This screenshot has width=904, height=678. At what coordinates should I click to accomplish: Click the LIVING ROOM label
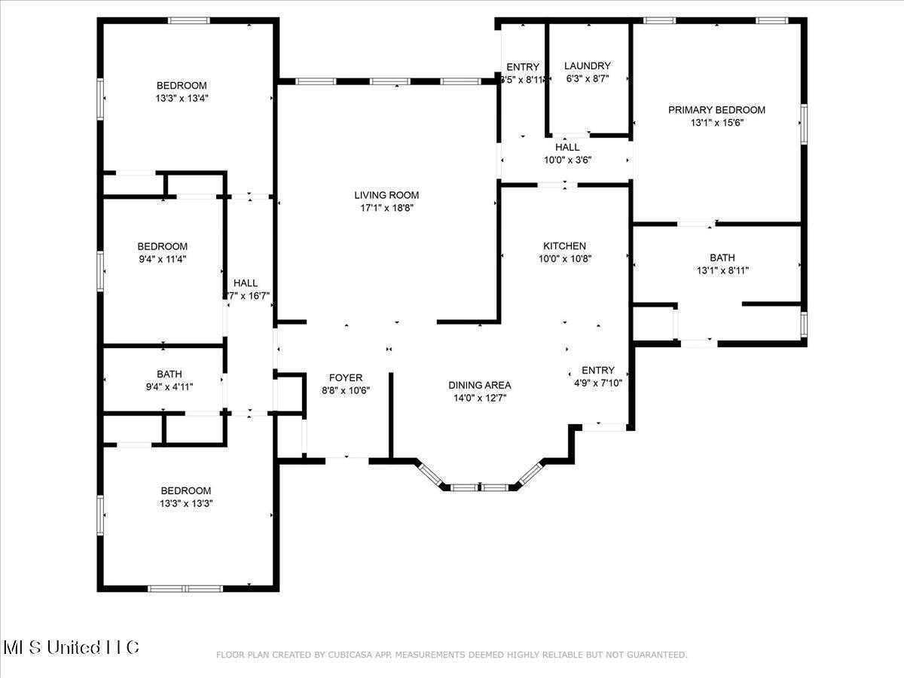tap(386, 195)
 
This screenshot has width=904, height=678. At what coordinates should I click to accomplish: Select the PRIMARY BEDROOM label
tap(716, 110)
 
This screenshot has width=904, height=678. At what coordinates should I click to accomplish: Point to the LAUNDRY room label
tap(587, 66)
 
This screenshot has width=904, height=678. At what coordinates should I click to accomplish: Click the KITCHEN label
tap(564, 246)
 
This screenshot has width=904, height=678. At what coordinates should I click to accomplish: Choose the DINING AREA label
tap(480, 385)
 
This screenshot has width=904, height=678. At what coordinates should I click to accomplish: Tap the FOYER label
tap(346, 377)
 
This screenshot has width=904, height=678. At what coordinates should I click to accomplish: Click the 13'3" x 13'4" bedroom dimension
tap(182, 97)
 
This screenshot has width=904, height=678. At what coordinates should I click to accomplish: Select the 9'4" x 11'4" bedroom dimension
tap(162, 258)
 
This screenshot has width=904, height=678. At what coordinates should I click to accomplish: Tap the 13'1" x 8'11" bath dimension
tap(722, 270)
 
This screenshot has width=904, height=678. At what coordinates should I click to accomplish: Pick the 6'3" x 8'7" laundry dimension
tap(587, 78)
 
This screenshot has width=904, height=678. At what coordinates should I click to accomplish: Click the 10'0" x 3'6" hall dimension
tap(567, 160)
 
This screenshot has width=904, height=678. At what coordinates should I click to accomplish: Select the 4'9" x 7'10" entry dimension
tap(597, 382)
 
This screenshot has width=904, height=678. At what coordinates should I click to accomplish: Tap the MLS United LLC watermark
tap(72, 647)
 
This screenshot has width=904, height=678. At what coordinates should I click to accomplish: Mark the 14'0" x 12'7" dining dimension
tap(480, 397)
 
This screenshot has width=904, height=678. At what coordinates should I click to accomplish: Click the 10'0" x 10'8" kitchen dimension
tap(564, 258)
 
